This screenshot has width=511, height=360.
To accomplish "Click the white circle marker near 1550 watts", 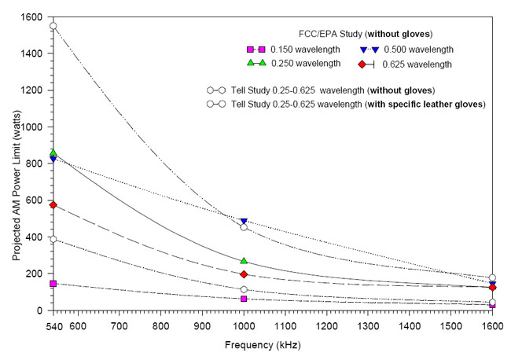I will pyautogui.click(x=53, y=26).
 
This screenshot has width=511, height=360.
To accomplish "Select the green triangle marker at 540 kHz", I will pyautogui.click(x=53, y=152).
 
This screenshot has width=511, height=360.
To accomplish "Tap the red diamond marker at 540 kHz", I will pyautogui.click(x=53, y=205).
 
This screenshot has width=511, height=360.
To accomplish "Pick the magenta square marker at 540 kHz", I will pyautogui.click(x=53, y=284).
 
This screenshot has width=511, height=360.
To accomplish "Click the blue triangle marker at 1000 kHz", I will pyautogui.click(x=244, y=222).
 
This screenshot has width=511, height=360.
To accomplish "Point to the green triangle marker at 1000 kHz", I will pyautogui.click(x=244, y=260).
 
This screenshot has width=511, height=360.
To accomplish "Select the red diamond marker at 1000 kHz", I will pyautogui.click(x=244, y=274).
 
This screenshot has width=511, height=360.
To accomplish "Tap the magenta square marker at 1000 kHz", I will pyautogui.click(x=244, y=299).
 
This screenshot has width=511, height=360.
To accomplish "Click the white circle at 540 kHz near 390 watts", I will pyautogui.click(x=53, y=239).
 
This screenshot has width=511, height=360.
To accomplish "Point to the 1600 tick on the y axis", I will pyautogui.click(x=31, y=17).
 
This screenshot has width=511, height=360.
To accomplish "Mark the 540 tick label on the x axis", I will pyautogui.click(x=53, y=326).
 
